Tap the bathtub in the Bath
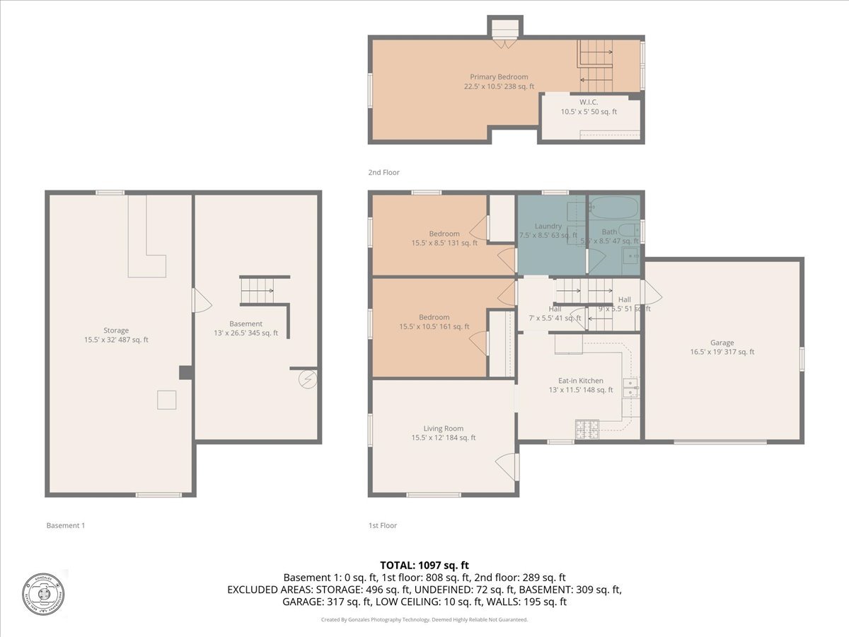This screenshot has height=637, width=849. click(613, 207)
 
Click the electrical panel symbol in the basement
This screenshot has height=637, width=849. click(308, 379)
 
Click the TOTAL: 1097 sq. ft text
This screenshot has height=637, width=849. click(424, 565)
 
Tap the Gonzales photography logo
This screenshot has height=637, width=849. click(43, 592)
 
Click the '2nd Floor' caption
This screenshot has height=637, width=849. click(383, 172)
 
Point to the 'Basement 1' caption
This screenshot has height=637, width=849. click(65, 525)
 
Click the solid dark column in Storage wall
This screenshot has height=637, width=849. click(185, 372)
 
